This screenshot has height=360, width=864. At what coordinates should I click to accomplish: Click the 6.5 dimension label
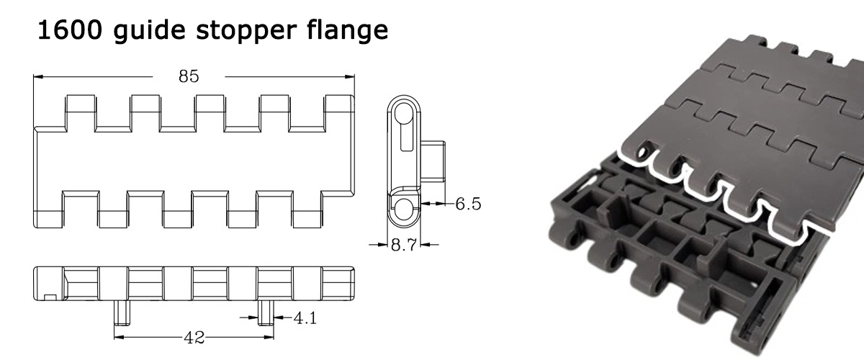(467, 204)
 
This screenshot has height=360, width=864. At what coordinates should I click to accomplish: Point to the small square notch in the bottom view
(49, 296)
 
